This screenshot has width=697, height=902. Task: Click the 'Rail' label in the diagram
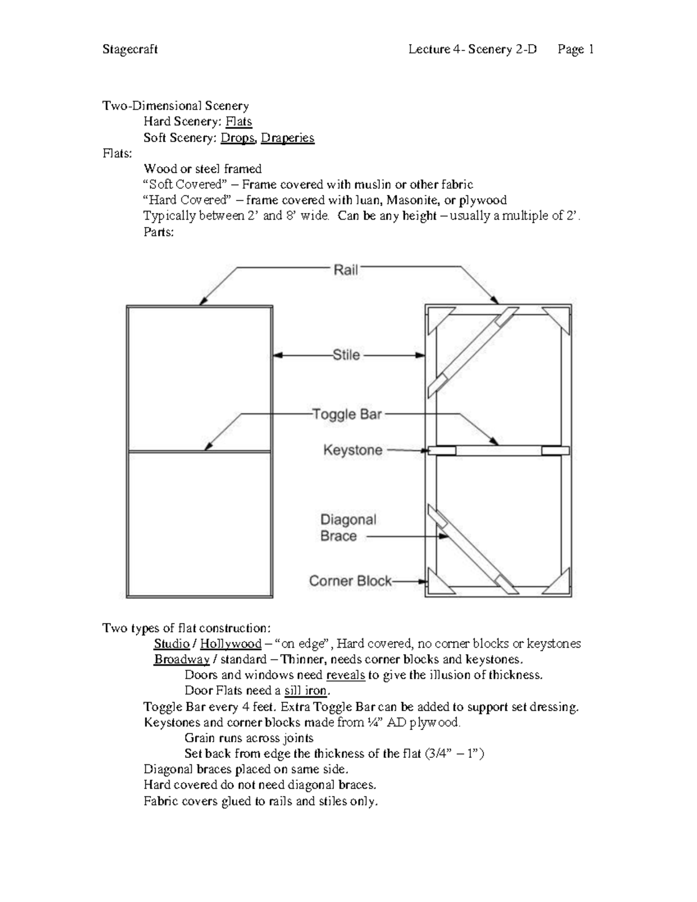346,270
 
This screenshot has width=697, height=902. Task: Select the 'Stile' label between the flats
346,355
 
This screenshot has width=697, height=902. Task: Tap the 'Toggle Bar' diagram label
347,414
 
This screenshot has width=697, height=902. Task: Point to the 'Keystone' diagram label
353,450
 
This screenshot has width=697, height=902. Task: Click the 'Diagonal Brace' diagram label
348,528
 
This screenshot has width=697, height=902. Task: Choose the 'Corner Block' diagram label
350,581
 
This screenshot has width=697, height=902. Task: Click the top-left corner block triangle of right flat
435,318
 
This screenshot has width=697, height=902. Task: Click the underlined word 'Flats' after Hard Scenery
239,121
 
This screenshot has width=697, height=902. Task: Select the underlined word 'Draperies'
288,138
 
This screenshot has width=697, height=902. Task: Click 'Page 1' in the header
575,49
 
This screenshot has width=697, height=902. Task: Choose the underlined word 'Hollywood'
231,644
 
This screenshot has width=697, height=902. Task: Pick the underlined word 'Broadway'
181,659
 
